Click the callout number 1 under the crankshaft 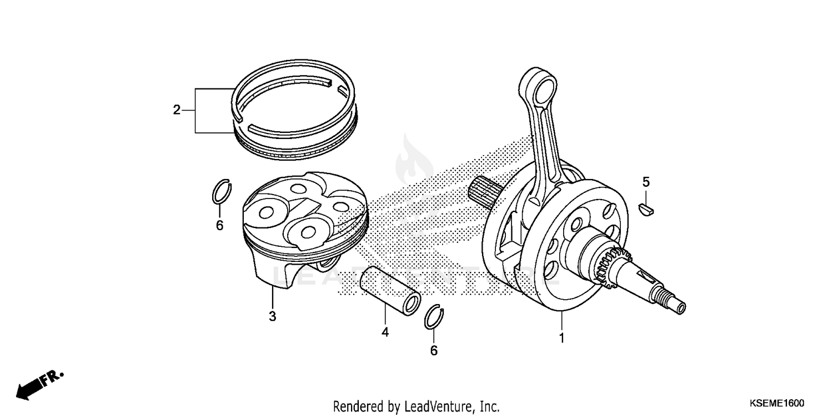point(561,338)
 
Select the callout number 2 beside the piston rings point(177,110)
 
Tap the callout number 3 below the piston point(272,316)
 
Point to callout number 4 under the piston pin point(385,332)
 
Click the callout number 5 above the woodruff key point(646,181)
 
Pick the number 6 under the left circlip point(219,225)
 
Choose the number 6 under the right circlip point(434,350)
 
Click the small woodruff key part point(648,209)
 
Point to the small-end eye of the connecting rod point(540,87)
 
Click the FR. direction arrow point(39,384)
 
